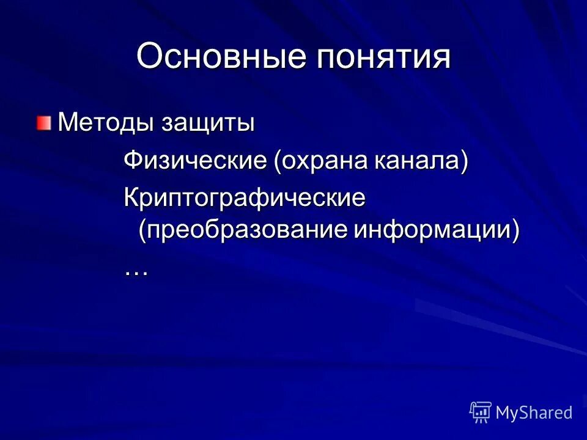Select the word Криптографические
point(245,198)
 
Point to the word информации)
point(437,231)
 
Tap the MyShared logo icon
point(480,413)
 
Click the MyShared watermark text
point(534,413)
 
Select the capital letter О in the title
point(149,57)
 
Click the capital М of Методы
point(66,124)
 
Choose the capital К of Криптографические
point(131,198)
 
